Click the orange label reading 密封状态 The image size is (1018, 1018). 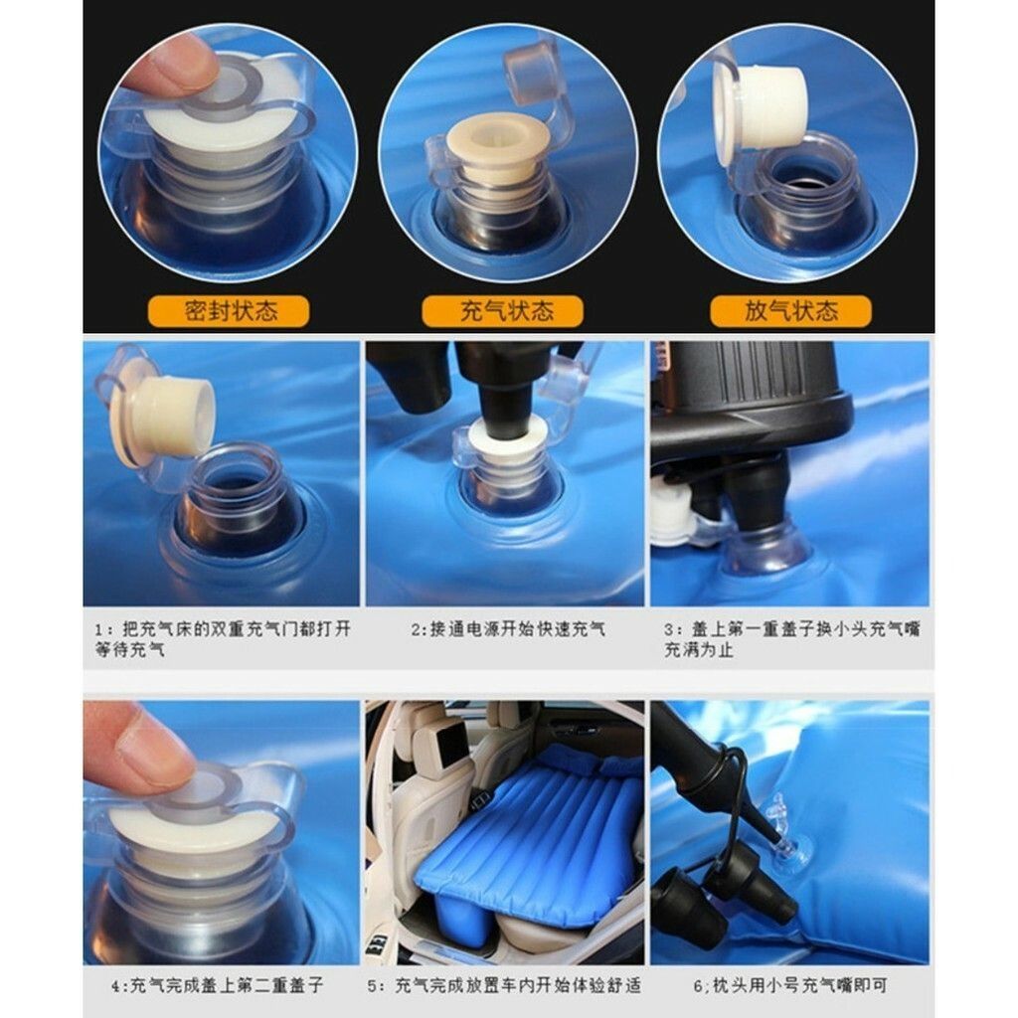point(229,311)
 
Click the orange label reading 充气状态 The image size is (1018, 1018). point(502,311)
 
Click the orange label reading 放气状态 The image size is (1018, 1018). point(790,311)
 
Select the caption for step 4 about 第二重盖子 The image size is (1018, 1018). point(218,985)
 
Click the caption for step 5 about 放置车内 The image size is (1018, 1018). point(504,985)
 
